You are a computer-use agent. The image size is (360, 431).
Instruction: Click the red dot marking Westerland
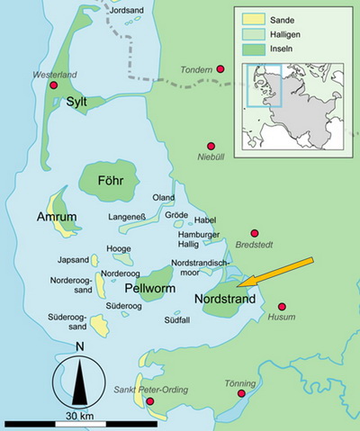point(53,85)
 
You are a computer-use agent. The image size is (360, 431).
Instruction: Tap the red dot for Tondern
point(220,68)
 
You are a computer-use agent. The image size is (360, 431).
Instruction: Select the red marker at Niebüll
point(212,145)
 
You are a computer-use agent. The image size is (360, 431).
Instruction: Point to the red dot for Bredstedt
point(255,233)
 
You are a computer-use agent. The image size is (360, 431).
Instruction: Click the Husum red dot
point(282,307)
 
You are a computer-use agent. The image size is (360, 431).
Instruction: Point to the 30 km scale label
point(79,417)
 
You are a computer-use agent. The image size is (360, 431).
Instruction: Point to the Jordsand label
point(126,10)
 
